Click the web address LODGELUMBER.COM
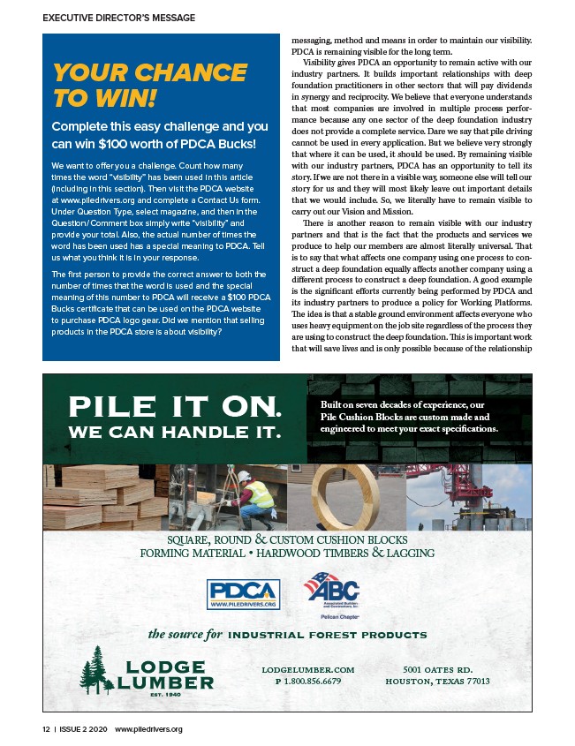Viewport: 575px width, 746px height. pos(308,670)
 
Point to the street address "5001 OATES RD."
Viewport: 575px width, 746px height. pos(437,670)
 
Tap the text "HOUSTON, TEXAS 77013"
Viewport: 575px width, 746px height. pos(437,682)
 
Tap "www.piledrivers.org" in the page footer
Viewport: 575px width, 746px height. pos(148,730)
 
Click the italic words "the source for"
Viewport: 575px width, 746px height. pos(185,634)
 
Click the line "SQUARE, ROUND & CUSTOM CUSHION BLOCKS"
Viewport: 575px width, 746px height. pos(287,539)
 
